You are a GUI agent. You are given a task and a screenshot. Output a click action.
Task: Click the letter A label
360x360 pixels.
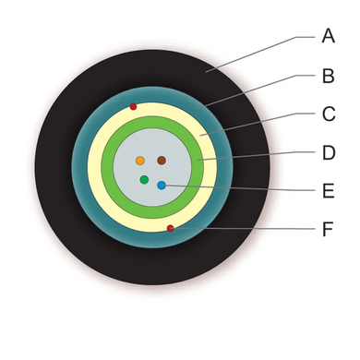(x=329, y=36)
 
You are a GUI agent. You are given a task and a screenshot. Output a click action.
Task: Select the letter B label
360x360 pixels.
(x=329, y=76)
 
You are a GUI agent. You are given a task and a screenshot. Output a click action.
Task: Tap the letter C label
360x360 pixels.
(x=329, y=114)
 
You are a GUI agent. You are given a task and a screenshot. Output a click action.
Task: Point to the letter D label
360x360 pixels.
(x=329, y=152)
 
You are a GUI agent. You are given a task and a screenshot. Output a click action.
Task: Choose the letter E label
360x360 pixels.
(x=329, y=191)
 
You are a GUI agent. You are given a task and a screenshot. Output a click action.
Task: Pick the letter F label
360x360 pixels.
(x=328, y=229)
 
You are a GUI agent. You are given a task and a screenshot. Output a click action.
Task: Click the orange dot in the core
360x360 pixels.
(x=140, y=161)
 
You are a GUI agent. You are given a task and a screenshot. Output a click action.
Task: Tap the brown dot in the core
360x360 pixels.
(x=162, y=161)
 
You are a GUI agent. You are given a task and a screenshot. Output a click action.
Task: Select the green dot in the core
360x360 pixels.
(x=144, y=179)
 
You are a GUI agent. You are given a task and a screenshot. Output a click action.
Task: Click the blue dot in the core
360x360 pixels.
(x=162, y=186)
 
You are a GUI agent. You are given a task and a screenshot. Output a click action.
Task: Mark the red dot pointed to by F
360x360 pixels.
(x=170, y=228)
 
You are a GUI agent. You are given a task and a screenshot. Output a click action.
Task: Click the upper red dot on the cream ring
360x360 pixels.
(x=133, y=107)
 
